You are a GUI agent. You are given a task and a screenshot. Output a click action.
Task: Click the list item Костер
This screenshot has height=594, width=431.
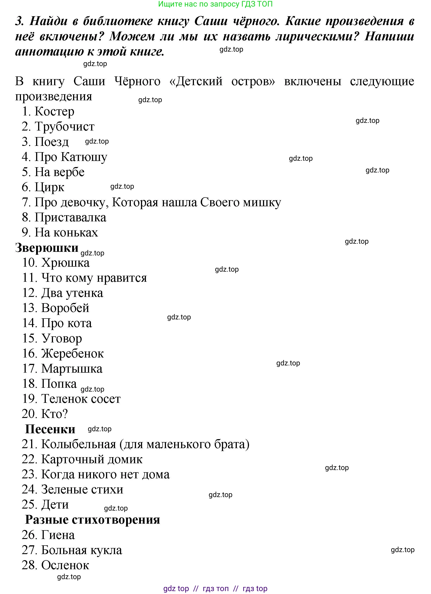54,112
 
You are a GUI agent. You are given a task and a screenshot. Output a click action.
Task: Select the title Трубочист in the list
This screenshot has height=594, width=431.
64,127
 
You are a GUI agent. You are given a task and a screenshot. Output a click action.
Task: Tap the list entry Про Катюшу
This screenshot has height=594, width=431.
71,157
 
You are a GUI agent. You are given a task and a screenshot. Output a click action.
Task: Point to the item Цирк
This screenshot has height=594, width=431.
49,188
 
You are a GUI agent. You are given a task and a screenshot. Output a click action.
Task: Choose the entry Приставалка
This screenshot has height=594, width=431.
70,218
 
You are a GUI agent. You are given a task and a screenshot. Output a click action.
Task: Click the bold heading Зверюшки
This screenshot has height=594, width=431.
47,248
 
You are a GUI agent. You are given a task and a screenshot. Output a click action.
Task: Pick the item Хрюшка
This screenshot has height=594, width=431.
65,263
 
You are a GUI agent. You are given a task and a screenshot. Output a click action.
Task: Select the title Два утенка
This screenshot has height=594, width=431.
72,293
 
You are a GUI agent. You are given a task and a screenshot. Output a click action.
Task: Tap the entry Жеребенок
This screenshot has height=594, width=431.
72,353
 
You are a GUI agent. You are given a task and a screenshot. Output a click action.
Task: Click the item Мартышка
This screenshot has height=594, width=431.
72,369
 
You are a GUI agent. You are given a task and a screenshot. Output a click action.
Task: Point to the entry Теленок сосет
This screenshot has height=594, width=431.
81,399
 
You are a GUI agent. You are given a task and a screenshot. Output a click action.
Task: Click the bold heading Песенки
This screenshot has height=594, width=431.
50,429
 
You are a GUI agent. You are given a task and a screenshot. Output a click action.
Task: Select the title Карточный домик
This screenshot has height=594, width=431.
92,459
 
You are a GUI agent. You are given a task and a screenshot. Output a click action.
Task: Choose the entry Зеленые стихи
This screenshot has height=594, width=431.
82,489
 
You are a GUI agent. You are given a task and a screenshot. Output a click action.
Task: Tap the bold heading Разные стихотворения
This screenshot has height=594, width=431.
92,520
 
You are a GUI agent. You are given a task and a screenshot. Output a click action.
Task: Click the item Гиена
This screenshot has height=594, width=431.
58,535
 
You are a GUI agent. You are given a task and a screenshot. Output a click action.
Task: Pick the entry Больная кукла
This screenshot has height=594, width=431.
81,550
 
